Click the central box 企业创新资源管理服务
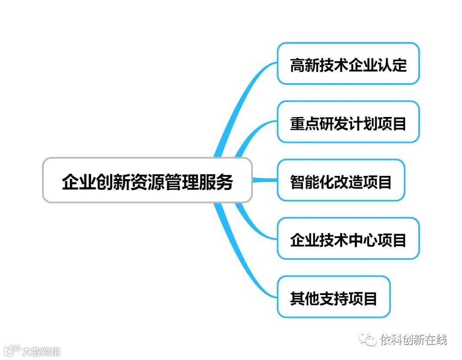(x=147, y=180)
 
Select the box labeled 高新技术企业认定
(x=348, y=64)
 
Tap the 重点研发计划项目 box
(x=348, y=122)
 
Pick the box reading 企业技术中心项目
(x=348, y=239)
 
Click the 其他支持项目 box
(x=333, y=297)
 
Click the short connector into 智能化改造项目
(x=265, y=180)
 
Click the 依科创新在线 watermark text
(x=414, y=340)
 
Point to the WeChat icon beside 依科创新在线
(x=369, y=340)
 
